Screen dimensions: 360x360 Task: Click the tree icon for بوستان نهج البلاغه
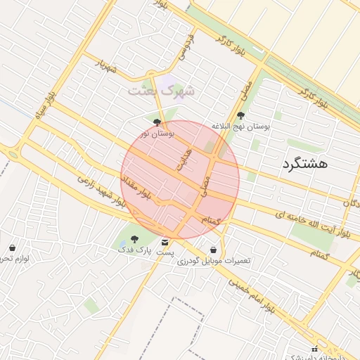[241, 115]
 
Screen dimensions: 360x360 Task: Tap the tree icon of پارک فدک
[134, 240]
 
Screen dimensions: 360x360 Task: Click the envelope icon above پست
[165, 243]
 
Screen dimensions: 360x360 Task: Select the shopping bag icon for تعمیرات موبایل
[213, 250]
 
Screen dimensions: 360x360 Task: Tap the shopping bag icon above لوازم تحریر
[12, 247]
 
